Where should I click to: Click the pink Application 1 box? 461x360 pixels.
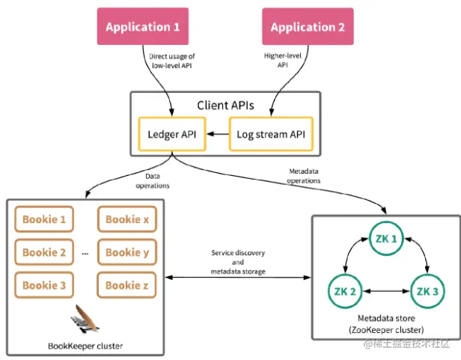coord(142,28)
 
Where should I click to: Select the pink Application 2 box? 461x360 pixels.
coord(308,28)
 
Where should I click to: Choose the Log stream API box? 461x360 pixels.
coord(270,135)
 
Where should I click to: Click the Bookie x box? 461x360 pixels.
coord(127,219)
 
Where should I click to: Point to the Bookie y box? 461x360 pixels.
coord(127,252)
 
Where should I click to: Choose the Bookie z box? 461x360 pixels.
coord(127,285)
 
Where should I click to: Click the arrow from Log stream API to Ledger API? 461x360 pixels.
coord(218,135)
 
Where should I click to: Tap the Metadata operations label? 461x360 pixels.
coord(305,175)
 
